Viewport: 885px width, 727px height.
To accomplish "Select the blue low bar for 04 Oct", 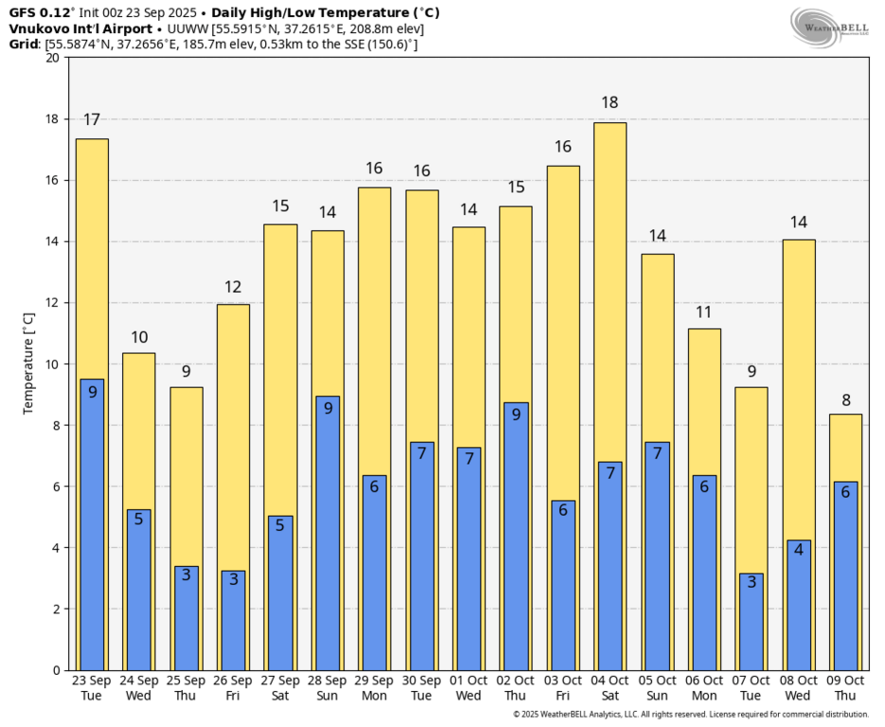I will (611, 568).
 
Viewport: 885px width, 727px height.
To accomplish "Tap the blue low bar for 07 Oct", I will (752, 625).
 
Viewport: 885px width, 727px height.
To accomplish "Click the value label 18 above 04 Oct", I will (611, 102).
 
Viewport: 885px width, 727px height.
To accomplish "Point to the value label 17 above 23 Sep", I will (92, 119).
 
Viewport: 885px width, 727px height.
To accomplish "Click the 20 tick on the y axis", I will (51, 58).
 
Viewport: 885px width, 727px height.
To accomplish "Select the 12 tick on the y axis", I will (51, 303).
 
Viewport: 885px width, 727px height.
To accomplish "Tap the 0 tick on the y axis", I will (55, 670).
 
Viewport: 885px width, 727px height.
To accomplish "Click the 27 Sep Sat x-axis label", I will (280, 688).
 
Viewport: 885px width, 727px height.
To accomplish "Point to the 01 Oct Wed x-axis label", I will (469, 688).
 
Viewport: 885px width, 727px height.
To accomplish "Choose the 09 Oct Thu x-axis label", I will (845, 688).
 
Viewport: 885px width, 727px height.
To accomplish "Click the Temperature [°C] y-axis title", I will (27, 363).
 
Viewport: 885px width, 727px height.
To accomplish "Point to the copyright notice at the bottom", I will (690, 715).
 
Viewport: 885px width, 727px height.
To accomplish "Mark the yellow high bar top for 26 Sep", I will (233, 306).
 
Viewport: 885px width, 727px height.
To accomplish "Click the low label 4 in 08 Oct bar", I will (799, 549).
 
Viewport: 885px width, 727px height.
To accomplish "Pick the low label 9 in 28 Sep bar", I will (327, 409).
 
